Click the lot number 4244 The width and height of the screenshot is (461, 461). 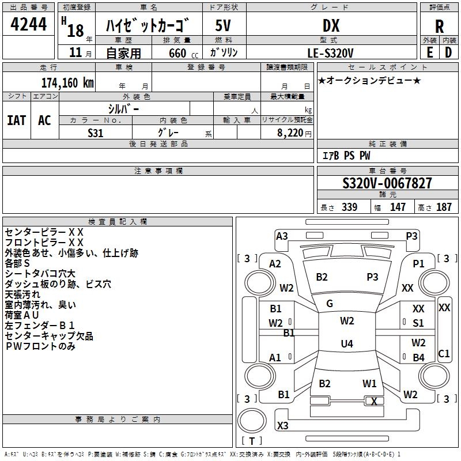[29, 24]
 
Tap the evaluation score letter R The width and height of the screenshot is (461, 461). [439, 26]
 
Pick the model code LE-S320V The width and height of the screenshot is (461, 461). [331, 52]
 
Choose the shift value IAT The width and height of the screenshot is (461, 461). [16, 120]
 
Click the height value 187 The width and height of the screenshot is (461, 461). [444, 207]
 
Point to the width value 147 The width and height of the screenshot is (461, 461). [398, 207]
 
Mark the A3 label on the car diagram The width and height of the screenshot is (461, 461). [282, 236]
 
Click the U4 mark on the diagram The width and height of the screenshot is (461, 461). [347, 344]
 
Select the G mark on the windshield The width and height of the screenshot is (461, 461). [330, 304]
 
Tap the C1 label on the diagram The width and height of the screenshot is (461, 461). [444, 354]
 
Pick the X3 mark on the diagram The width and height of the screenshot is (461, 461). [283, 426]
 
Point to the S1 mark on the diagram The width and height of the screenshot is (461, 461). [418, 323]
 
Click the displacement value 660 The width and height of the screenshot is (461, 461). [177, 53]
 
